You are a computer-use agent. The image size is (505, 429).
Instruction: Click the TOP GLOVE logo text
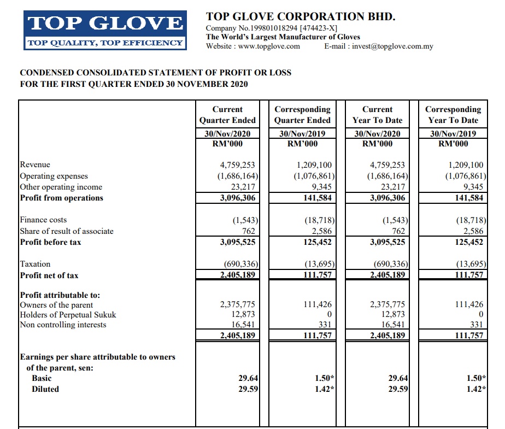[105, 23]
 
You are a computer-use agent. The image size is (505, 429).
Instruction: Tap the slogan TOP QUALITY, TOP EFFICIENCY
[105, 43]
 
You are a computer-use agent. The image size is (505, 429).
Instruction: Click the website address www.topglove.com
[269, 46]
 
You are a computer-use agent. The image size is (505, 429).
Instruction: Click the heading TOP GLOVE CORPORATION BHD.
[300, 17]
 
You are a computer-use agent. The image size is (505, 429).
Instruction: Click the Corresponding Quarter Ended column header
[302, 115]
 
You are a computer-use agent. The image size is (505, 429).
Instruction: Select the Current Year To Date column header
[378, 115]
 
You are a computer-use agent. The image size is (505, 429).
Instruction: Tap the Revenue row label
[35, 164]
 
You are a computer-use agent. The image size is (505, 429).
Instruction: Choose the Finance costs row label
[43, 220]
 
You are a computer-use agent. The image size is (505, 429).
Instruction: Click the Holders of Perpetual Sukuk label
[68, 315]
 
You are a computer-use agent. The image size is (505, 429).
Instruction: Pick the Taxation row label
[35, 264]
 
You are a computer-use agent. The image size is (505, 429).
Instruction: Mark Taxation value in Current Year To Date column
[387, 264]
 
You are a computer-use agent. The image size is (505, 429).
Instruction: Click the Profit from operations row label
[61, 198]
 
